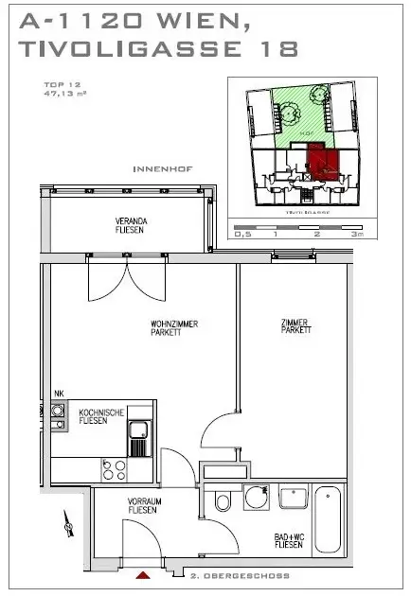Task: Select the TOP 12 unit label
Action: (x=56, y=86)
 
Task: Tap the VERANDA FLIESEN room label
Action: (x=132, y=225)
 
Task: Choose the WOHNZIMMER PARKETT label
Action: (x=171, y=329)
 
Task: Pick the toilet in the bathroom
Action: (x=223, y=500)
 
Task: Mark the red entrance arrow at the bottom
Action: (x=142, y=575)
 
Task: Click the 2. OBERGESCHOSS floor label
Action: (x=240, y=575)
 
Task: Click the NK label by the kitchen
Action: (x=59, y=394)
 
